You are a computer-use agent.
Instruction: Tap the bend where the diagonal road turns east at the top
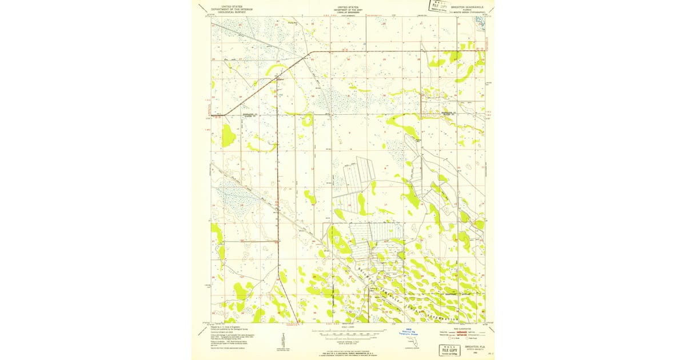point(310,53)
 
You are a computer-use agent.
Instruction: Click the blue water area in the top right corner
point(479,21)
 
